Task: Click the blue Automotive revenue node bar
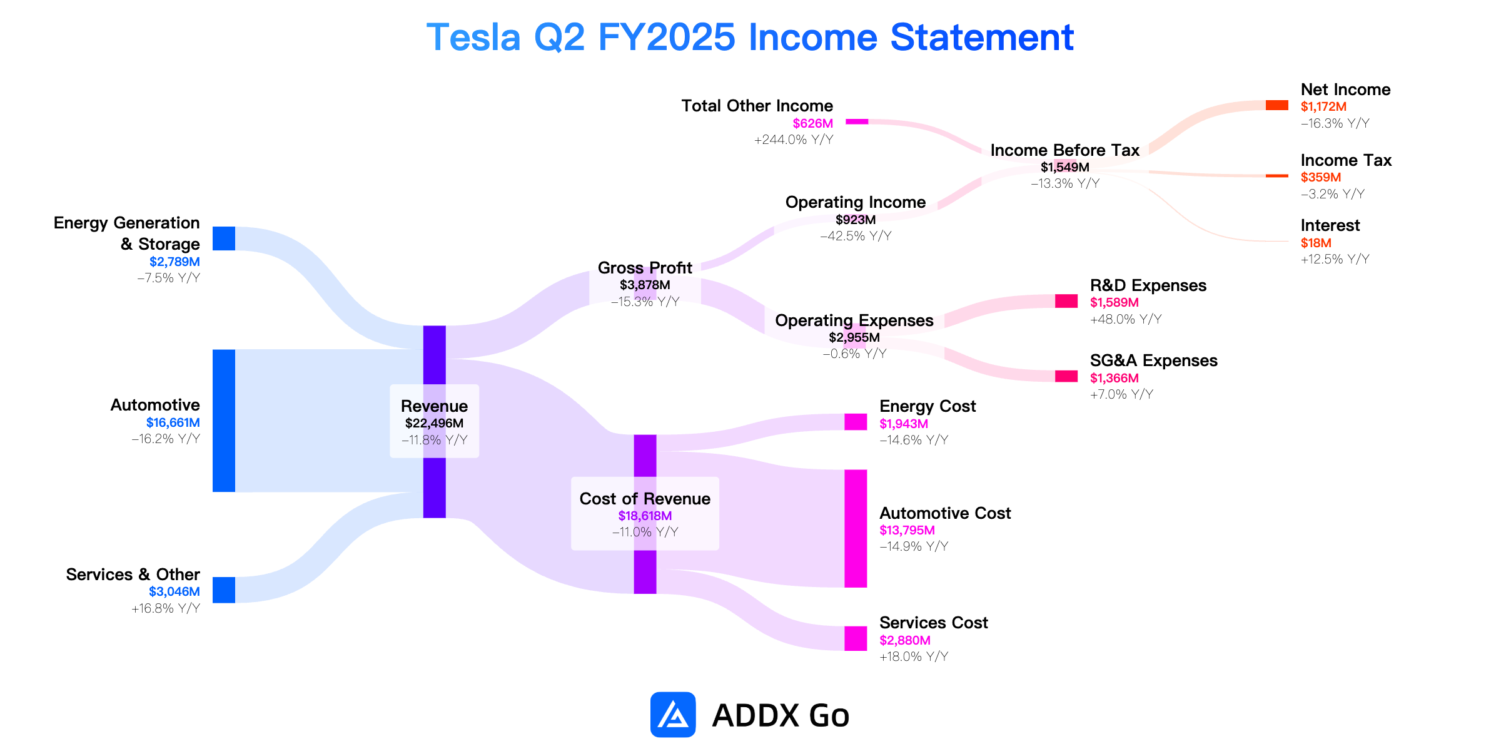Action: (x=224, y=421)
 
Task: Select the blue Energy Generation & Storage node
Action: (x=224, y=238)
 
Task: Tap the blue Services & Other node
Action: (x=224, y=590)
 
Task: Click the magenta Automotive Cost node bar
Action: (x=856, y=529)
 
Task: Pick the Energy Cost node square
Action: (x=856, y=422)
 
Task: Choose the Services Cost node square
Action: (x=856, y=638)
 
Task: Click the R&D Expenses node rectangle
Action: (x=1066, y=301)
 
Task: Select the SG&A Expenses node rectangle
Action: (x=1066, y=376)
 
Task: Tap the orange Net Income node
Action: (x=1277, y=105)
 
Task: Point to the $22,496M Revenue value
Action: (x=434, y=423)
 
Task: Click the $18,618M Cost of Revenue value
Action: (x=645, y=516)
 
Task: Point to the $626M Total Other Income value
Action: (x=813, y=123)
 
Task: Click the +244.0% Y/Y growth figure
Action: (x=794, y=140)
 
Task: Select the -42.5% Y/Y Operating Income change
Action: (x=856, y=236)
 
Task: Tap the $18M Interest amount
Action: (x=1316, y=243)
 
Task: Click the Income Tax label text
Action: (x=1346, y=160)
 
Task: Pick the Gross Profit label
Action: (x=645, y=268)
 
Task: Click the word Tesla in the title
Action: (x=473, y=37)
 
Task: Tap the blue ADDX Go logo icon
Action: (x=673, y=715)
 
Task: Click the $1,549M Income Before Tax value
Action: (x=1065, y=167)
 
